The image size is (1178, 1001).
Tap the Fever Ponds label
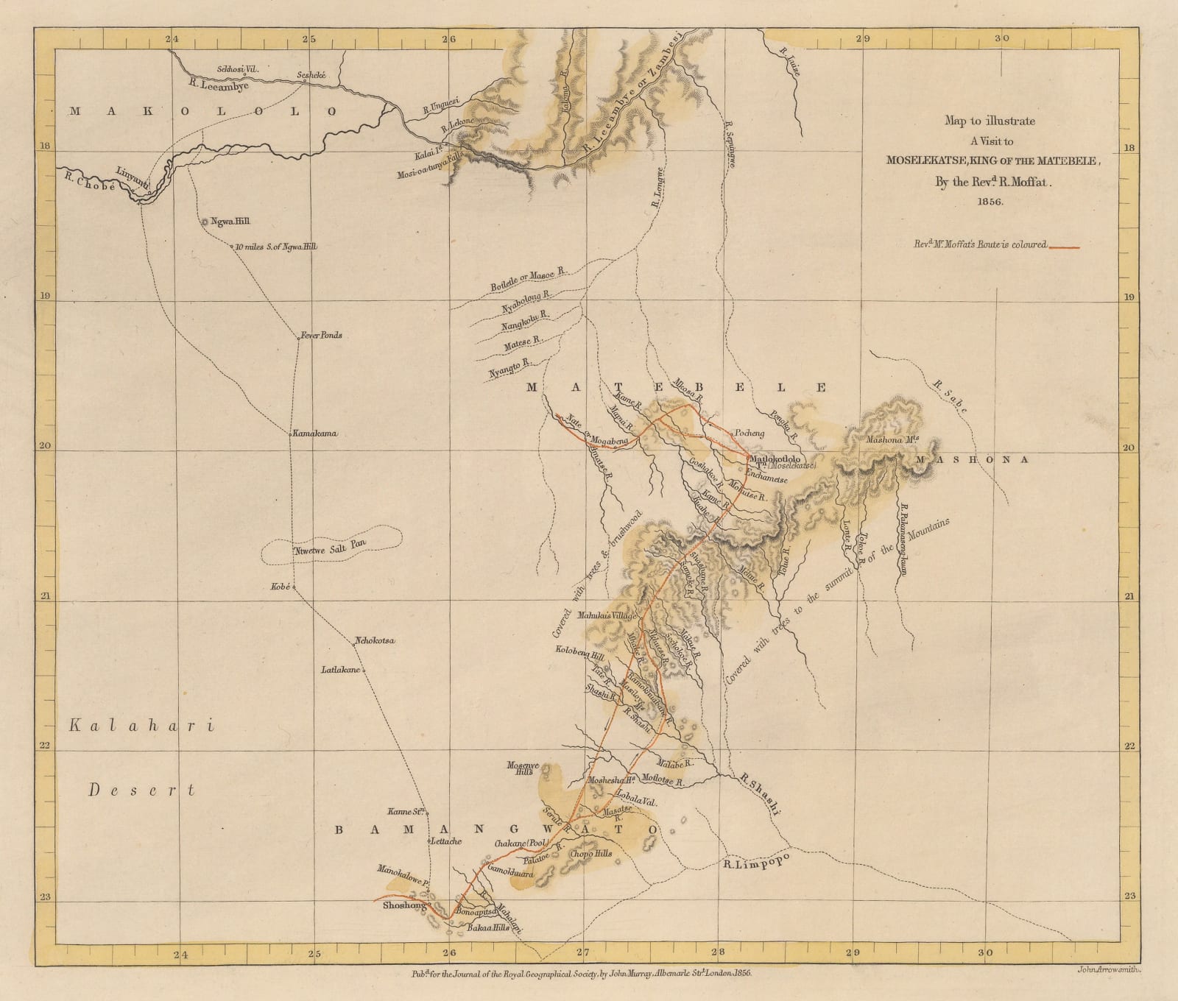tap(320, 335)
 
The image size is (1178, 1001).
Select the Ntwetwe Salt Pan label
tap(330, 547)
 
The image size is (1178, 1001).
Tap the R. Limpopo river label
tap(756, 862)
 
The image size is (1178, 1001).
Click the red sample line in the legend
tap(1063, 247)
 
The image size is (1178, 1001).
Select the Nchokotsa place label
tap(375, 641)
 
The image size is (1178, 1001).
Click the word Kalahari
tap(140, 726)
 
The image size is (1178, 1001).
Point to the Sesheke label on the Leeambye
tap(316, 74)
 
